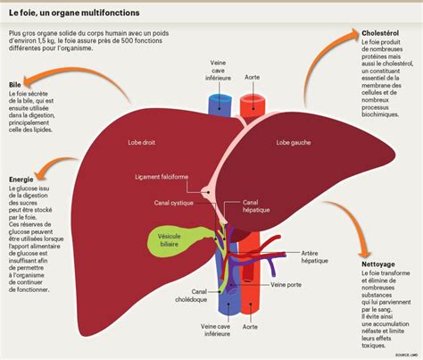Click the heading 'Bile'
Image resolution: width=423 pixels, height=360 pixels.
[x=15, y=86]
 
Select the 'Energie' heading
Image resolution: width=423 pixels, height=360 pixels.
[x=21, y=180]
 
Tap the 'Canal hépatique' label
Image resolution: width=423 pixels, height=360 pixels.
[x=257, y=208]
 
